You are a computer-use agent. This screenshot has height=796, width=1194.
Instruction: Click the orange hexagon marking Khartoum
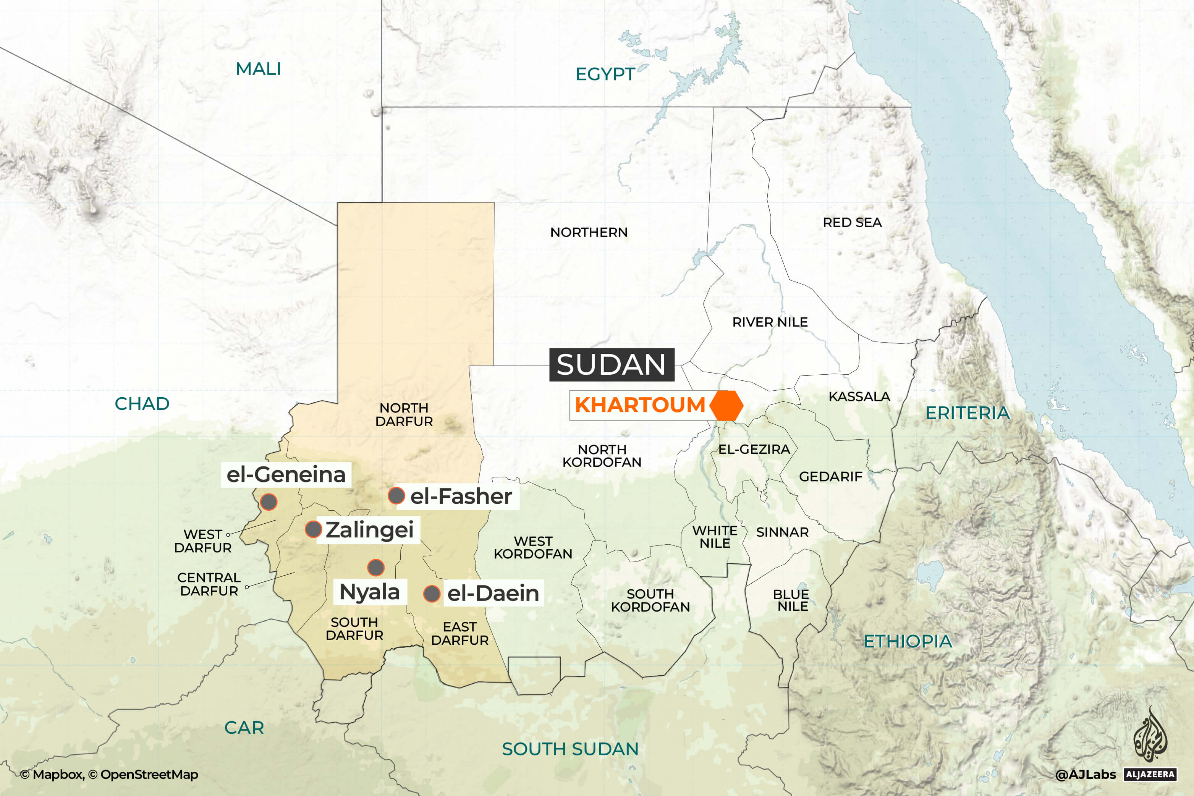(x=726, y=406)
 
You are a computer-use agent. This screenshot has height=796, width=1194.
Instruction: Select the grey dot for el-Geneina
(x=269, y=502)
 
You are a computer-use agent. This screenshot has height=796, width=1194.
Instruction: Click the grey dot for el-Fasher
(x=396, y=495)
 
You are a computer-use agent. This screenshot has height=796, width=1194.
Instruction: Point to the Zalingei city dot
(x=313, y=529)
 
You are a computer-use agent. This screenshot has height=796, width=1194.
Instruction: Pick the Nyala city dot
(x=376, y=567)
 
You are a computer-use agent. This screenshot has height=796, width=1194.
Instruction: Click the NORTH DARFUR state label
(x=404, y=415)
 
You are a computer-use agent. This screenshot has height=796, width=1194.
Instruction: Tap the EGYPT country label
(x=605, y=74)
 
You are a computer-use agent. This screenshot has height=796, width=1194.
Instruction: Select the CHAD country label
(x=142, y=404)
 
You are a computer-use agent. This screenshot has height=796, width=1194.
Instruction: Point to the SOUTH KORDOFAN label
(x=650, y=600)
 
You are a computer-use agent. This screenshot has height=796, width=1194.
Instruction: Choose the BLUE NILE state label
(x=791, y=600)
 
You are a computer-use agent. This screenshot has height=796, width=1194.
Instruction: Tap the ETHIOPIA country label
(x=908, y=641)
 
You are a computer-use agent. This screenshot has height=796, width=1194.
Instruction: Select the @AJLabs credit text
(x=1086, y=774)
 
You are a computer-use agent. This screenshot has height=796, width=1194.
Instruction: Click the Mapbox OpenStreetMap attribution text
(x=109, y=774)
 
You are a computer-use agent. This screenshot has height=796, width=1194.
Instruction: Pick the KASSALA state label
(x=859, y=396)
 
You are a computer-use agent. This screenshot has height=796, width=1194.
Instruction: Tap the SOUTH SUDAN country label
(x=570, y=749)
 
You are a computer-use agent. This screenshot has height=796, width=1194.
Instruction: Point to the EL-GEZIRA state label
(x=754, y=449)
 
